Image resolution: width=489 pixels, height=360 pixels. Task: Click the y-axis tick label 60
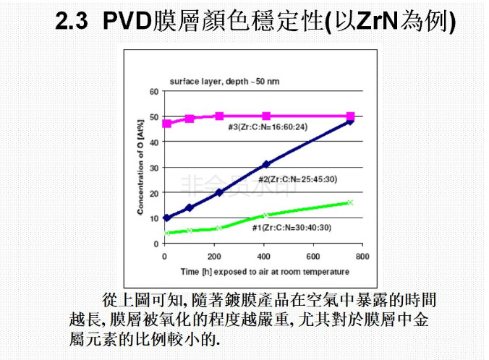tap(154, 91)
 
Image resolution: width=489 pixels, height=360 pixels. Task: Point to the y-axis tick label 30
tap(154, 168)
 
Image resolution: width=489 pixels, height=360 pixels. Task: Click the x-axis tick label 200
tap(215, 257)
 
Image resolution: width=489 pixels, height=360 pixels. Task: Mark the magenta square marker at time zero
tap(167, 124)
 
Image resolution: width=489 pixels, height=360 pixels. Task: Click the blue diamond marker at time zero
tap(167, 218)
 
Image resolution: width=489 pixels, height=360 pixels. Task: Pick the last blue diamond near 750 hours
tap(350, 121)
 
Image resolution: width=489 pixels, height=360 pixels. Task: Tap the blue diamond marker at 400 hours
tap(266, 165)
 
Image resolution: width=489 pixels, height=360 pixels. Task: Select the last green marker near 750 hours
tap(350, 202)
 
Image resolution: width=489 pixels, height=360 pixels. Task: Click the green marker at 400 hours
tap(266, 215)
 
